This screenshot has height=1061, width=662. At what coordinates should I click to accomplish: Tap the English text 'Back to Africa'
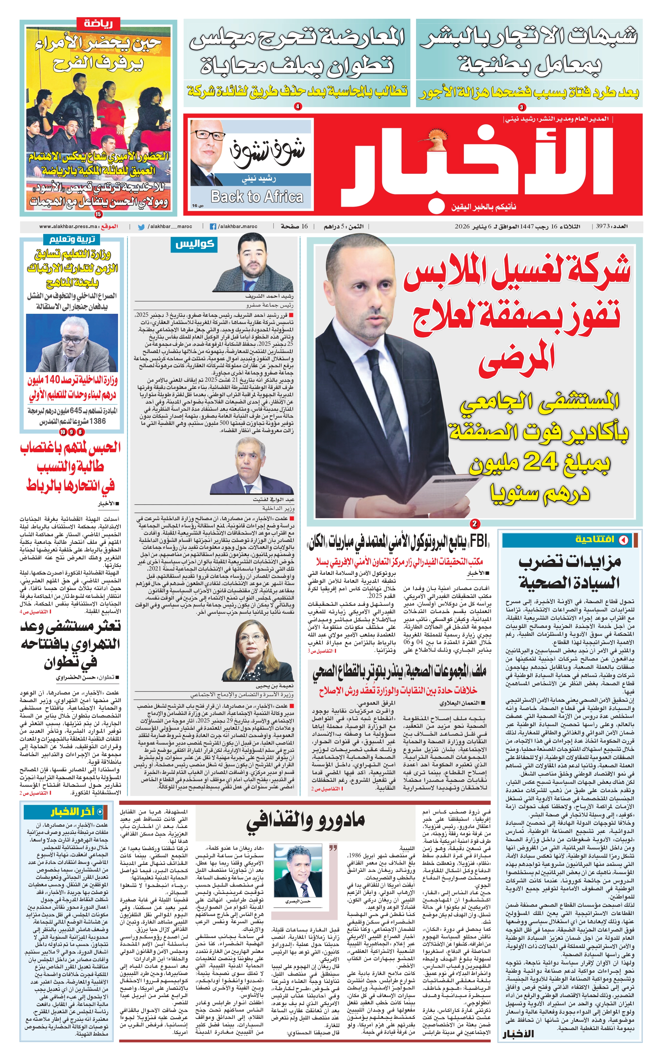pos(257,196)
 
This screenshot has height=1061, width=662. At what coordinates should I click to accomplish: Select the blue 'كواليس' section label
pos(195,244)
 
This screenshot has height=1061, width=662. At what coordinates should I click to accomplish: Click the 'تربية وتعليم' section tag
pos(72,239)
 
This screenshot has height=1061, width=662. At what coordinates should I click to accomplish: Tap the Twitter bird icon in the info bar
pos(141,227)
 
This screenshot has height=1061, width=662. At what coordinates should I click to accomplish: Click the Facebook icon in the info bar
pos(213,227)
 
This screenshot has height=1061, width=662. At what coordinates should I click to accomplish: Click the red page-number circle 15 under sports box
pos(98,214)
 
